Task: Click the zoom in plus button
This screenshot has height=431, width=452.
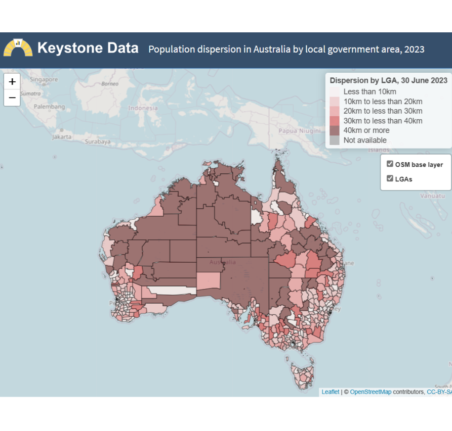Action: click(12, 81)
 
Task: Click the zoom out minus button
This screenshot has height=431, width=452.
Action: click(12, 98)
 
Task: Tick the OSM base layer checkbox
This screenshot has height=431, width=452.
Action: click(390, 164)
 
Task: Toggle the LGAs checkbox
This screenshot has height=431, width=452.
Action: click(390, 178)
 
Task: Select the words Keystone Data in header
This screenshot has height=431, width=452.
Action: click(88, 48)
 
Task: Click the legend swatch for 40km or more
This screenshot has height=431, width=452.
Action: click(335, 130)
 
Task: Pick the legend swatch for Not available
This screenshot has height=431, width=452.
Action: click(335, 140)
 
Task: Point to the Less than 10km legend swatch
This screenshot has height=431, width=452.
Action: click(335, 91)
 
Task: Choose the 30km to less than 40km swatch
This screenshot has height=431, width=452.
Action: click(335, 121)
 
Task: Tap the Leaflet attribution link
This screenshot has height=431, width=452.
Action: click(331, 392)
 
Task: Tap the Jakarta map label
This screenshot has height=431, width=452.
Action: click(62, 136)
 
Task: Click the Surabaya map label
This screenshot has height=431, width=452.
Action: click(98, 142)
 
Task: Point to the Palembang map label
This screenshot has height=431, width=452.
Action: click(49, 107)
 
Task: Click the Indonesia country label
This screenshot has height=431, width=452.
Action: click(143, 108)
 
